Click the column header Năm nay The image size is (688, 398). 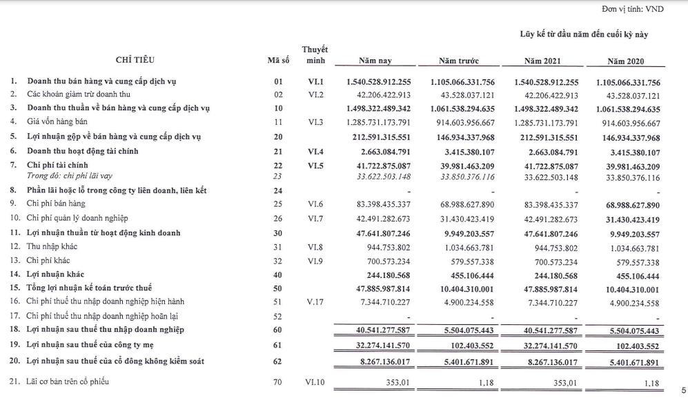tap(375, 61)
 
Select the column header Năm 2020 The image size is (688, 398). tap(625, 61)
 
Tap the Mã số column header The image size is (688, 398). tap(278, 61)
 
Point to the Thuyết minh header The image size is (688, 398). tap(315, 55)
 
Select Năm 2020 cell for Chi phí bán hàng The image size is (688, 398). tap(623, 206)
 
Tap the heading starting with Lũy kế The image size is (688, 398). tap(583, 34)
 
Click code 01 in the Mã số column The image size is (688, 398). tap(278, 82)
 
